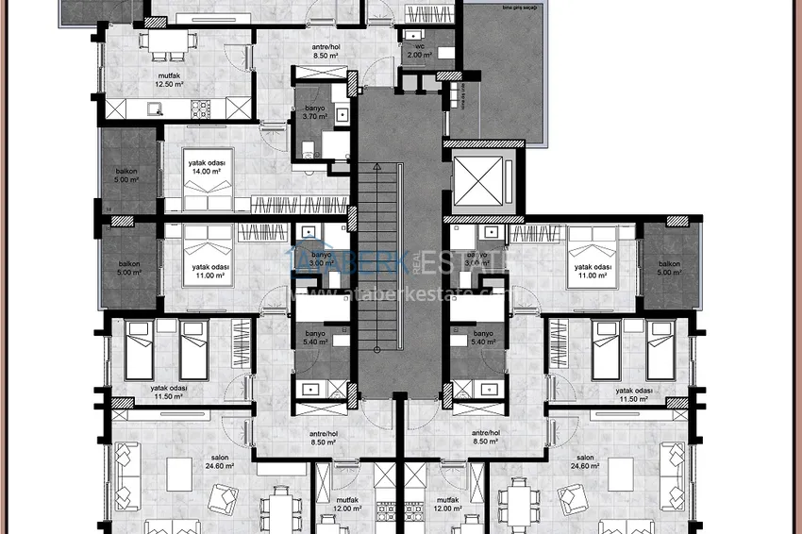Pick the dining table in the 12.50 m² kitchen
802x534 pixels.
(170, 41)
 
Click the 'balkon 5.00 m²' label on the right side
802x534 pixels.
(670, 268)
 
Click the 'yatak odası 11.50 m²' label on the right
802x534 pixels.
(636, 393)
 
